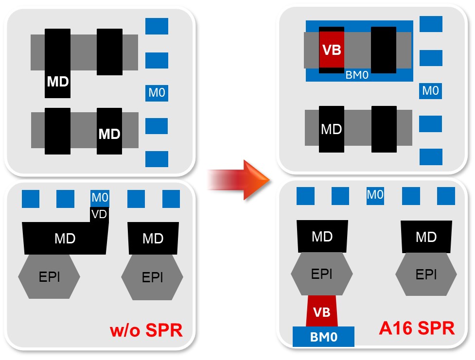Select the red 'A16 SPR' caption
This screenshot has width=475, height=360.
[x=417, y=328]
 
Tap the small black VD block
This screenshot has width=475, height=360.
[x=99, y=214]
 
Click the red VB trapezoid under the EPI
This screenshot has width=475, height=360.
[x=321, y=311]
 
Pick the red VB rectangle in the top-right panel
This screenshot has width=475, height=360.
[x=332, y=50]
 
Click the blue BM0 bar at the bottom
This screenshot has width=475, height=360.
[x=323, y=336]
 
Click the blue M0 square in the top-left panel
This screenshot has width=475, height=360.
[x=157, y=92]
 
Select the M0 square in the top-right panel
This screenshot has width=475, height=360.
[x=430, y=90]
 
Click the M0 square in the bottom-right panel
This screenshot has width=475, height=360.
[x=375, y=195]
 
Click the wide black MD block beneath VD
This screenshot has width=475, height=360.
[x=64, y=238]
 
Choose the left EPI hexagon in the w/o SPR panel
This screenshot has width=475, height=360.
[x=49, y=277]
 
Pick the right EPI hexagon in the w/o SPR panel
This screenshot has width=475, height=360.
[x=152, y=277]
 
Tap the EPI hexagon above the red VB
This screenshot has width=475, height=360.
[x=321, y=274]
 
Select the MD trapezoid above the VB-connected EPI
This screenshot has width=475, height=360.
[x=322, y=237]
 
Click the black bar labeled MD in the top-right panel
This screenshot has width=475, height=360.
[x=332, y=129]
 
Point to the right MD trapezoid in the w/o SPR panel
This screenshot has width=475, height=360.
[x=153, y=238]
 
